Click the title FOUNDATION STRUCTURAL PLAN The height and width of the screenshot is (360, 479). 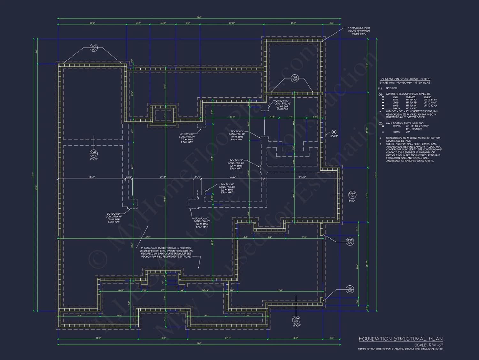[400, 339]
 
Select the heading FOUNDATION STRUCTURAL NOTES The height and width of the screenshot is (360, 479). [405, 79]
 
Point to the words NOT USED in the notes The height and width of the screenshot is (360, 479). [392, 88]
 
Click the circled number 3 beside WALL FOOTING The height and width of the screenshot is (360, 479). [380, 123]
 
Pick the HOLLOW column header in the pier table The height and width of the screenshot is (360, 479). [411, 97]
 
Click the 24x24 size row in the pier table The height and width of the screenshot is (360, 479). [396, 108]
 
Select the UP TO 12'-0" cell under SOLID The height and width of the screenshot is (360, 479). [430, 106]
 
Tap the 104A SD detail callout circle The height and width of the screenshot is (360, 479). [94, 154]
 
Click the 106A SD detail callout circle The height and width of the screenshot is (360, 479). [352, 195]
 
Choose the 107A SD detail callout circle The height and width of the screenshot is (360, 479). [296, 320]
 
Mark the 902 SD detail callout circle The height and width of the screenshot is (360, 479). [350, 242]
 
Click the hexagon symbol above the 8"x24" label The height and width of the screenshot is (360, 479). [334, 132]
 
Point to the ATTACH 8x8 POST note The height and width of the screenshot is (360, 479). [360, 31]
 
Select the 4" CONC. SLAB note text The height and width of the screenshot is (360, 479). [166, 252]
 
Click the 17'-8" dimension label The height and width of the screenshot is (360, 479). [92, 177]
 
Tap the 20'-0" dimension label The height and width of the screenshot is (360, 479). [302, 177]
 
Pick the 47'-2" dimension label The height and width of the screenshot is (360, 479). [148, 237]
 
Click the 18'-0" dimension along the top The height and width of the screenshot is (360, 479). [92, 23]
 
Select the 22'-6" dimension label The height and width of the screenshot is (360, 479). [280, 290]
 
